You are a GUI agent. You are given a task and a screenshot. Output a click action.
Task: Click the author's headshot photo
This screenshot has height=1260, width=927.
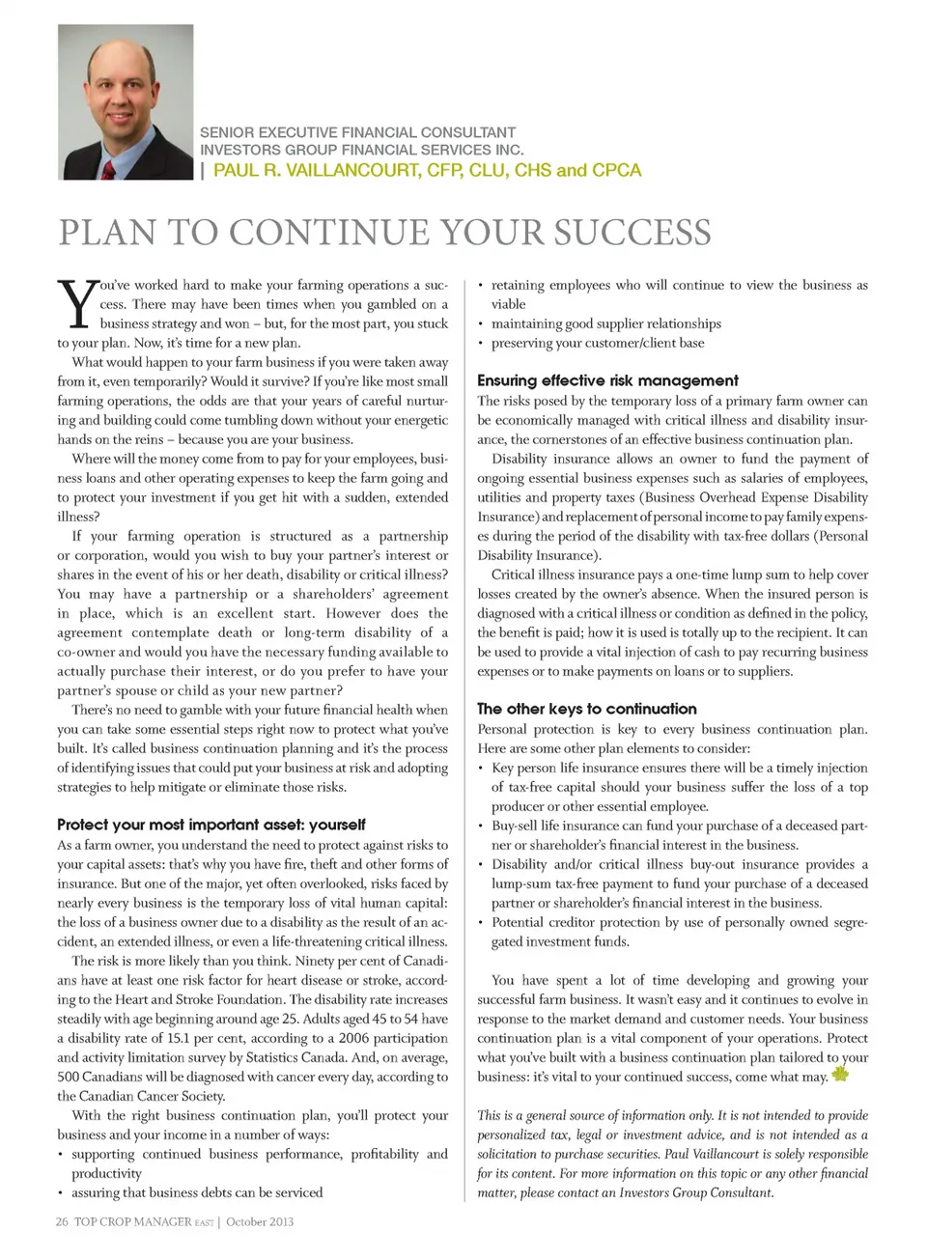pos(126,101)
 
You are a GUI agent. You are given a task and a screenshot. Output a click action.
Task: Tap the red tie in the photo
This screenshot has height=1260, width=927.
pos(109,169)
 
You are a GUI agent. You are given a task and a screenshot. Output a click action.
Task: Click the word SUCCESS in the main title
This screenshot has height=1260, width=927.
pos(632,233)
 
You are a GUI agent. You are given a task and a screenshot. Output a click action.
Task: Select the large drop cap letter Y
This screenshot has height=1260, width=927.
pos(77,304)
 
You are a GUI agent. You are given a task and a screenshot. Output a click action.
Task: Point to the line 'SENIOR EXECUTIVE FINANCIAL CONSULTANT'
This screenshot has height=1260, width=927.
pos(357,132)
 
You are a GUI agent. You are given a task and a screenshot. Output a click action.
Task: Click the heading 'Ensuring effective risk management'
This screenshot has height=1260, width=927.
pos(607,380)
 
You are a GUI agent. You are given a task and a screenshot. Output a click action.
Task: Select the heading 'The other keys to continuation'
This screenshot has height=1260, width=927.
pos(586,709)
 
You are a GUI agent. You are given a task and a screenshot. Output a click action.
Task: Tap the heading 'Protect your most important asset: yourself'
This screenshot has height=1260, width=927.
pos(211,825)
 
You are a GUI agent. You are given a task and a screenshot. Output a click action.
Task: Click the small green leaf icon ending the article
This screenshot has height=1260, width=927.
pos(839,1074)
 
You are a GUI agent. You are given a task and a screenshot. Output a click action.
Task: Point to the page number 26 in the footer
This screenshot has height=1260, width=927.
pos(62,1221)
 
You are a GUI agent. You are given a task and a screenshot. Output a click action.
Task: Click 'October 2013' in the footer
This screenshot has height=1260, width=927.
pos(260,1221)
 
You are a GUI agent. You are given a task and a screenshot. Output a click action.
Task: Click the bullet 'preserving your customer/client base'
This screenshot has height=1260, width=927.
pos(597,343)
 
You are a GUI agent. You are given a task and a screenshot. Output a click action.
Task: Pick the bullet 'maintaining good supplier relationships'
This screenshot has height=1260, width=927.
pos(605,323)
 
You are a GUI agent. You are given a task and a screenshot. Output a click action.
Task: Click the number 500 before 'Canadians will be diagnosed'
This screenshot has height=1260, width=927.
pos(69,1077)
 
